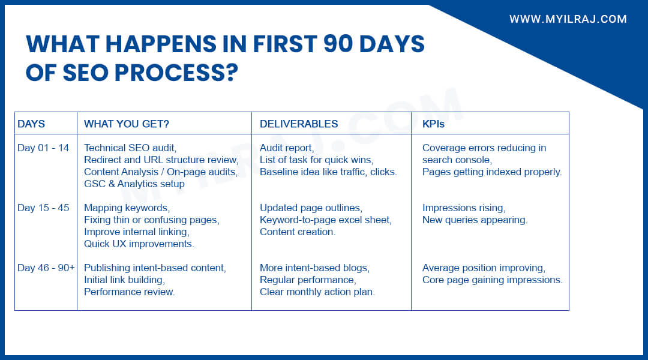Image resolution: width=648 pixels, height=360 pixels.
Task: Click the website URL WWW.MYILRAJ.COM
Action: [x=568, y=19]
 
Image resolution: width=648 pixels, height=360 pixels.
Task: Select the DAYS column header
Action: [x=31, y=124]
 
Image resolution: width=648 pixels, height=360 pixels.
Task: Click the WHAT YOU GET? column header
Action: [x=127, y=124]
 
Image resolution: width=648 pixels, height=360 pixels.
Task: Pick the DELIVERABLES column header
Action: [x=299, y=124]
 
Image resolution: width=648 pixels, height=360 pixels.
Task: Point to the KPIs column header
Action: [x=433, y=124]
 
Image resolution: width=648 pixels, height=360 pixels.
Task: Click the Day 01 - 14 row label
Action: [x=43, y=148]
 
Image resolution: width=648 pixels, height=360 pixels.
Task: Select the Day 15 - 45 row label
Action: [x=43, y=208]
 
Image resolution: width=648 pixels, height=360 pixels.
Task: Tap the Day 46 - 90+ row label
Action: [x=46, y=268]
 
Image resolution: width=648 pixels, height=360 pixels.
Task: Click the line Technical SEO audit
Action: [x=131, y=148]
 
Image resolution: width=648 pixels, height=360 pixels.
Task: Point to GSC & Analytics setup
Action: [x=134, y=184]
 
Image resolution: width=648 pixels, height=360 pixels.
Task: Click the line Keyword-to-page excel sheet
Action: [x=326, y=220]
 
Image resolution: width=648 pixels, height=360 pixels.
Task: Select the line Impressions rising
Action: [x=464, y=208]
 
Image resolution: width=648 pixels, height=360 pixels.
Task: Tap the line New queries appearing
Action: [x=475, y=220]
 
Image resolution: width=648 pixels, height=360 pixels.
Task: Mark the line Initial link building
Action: [x=124, y=280]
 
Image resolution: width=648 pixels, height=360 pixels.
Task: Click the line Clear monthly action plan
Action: [x=317, y=292]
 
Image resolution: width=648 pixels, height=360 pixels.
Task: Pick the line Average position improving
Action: [x=484, y=268]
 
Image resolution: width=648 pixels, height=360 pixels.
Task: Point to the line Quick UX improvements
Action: [x=139, y=244]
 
